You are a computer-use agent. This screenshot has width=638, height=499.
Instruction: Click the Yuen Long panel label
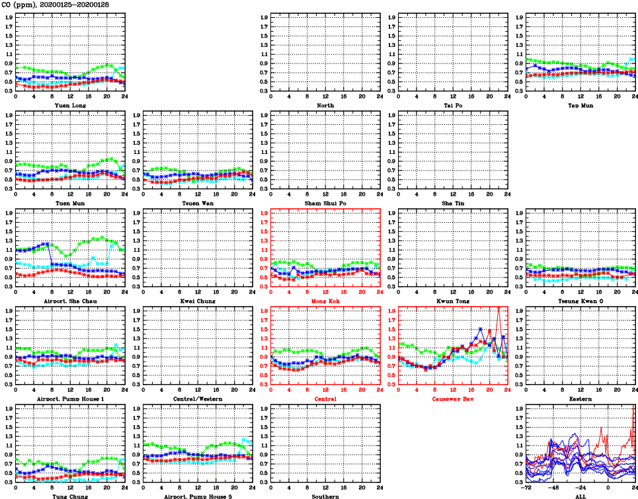coord(70,105)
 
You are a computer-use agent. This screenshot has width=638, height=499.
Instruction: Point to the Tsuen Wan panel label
coord(198,203)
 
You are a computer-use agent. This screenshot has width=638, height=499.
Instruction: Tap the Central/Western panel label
coord(198,399)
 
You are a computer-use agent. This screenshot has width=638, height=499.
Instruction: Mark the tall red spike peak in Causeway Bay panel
coord(498,308)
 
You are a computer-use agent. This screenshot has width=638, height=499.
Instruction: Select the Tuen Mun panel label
coord(70,203)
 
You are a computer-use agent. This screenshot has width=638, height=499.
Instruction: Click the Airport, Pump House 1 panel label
coord(70,399)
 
